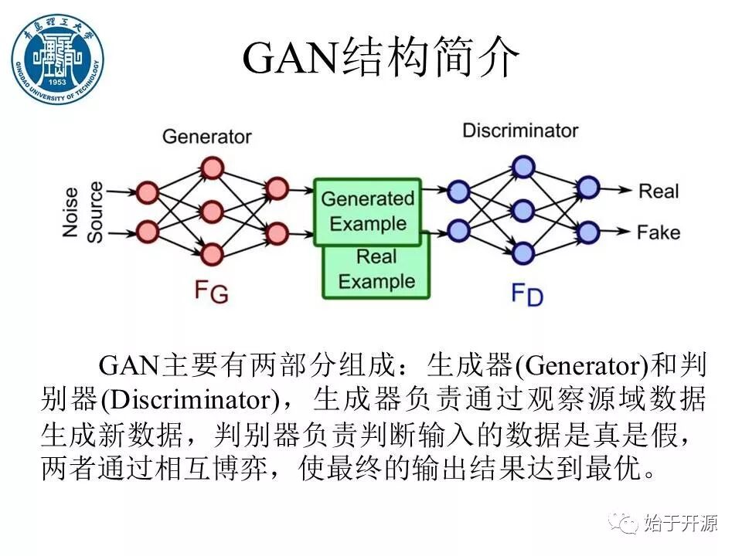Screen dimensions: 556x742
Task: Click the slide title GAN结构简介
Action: (379, 59)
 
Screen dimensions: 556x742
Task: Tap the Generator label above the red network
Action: (206, 137)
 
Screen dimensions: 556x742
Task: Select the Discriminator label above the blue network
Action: (520, 130)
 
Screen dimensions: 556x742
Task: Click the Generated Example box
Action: (368, 211)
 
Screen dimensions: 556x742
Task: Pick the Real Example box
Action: (376, 270)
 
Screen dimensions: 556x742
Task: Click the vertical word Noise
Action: (72, 210)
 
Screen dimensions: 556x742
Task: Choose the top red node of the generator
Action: (212, 168)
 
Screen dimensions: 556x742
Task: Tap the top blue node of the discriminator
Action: (524, 167)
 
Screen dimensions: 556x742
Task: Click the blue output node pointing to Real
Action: (588, 188)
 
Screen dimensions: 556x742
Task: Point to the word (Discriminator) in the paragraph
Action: (189, 400)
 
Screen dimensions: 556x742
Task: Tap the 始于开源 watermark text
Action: (681, 524)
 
